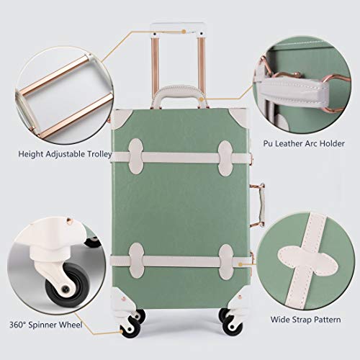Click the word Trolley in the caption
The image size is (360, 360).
coord(99,154)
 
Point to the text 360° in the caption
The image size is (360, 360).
coord(18,325)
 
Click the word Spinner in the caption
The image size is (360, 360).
coord(42,325)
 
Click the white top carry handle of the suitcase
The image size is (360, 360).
coord(180,91)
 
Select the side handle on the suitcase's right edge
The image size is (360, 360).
coord(260,205)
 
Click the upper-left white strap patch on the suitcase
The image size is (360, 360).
coord(136,156)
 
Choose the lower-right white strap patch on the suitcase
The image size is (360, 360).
coord(226,262)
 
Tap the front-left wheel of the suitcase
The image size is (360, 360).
coord(131,328)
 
